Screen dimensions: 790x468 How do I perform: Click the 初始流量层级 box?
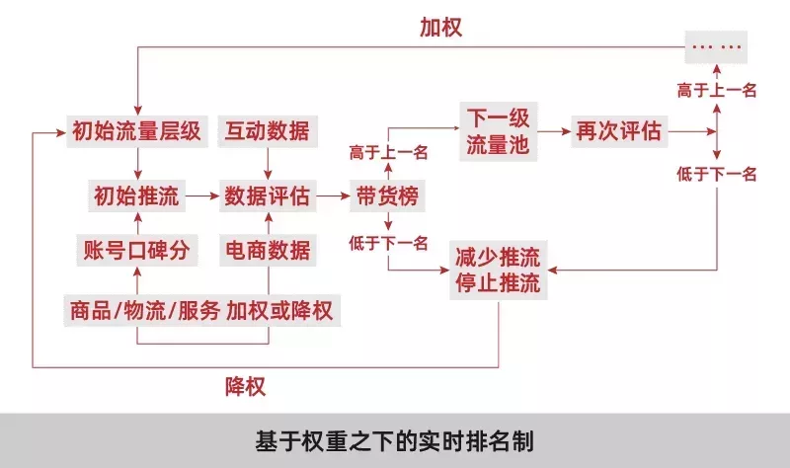[137, 131]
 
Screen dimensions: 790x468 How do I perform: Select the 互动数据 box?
[268, 131]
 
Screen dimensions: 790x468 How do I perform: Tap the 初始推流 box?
[136, 195]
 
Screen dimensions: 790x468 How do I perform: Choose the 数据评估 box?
[268, 195]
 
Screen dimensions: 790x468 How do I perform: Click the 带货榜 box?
[387, 195]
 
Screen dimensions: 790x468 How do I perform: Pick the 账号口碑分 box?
[136, 251]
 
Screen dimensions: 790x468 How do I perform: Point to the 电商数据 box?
[268, 251]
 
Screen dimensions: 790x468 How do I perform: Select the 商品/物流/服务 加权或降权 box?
[201, 311]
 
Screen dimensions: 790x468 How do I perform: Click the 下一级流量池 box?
[499, 131]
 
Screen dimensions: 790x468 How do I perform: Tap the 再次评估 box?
[619, 131]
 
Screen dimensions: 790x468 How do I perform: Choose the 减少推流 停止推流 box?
[499, 270]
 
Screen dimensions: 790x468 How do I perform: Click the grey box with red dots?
[716, 46]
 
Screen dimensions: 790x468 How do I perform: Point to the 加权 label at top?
[440, 28]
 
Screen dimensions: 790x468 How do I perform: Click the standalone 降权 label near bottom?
[245, 387]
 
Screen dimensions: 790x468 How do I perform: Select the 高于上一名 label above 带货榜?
[388, 152]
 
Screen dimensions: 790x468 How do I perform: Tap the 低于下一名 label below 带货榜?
[388, 243]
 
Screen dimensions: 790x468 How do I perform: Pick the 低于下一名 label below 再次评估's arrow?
[717, 175]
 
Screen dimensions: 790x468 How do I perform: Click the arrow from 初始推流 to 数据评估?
[202, 195]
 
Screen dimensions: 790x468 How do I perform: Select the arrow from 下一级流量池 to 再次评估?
[554, 131]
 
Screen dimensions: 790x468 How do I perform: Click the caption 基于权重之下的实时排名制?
[394, 441]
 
